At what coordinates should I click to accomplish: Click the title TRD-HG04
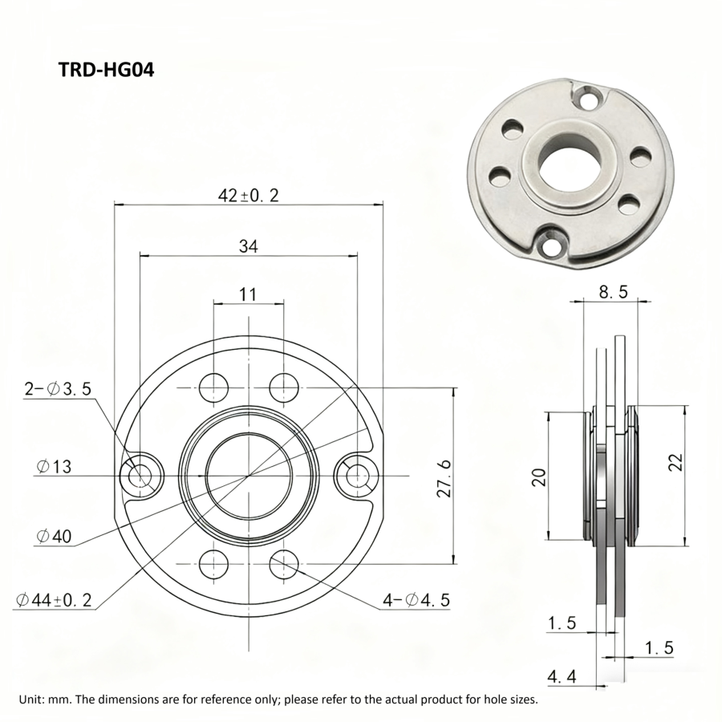click(x=106, y=70)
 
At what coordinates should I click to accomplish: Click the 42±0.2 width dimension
click(x=248, y=195)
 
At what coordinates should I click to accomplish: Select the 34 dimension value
click(x=248, y=247)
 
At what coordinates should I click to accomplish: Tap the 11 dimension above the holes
click(x=248, y=294)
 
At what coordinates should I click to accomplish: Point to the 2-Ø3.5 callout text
click(x=58, y=389)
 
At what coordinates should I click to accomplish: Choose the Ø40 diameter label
click(x=53, y=535)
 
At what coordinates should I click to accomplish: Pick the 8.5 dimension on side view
click(x=613, y=293)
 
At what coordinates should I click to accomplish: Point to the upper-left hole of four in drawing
click(x=213, y=387)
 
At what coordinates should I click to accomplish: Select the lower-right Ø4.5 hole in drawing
click(x=283, y=566)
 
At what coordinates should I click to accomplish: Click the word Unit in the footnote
click(x=31, y=699)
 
